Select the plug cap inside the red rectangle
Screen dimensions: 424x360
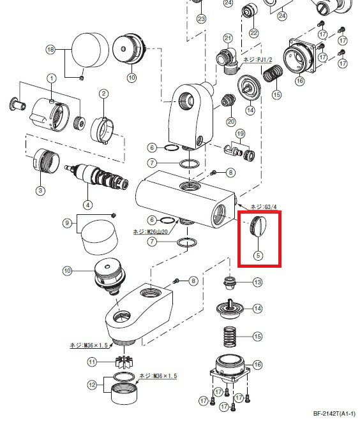(x=258, y=226)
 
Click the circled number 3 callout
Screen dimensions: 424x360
(x=40, y=190)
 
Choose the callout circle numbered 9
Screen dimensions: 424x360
(x=66, y=223)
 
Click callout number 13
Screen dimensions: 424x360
(x=258, y=282)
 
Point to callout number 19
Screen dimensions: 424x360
(x=240, y=133)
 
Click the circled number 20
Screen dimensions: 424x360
(x=231, y=121)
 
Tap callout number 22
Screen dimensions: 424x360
(x=253, y=33)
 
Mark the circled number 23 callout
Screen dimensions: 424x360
(x=202, y=18)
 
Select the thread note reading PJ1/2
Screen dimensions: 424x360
(x=257, y=59)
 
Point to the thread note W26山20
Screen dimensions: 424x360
(x=151, y=231)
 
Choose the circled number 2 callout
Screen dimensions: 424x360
(x=102, y=93)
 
